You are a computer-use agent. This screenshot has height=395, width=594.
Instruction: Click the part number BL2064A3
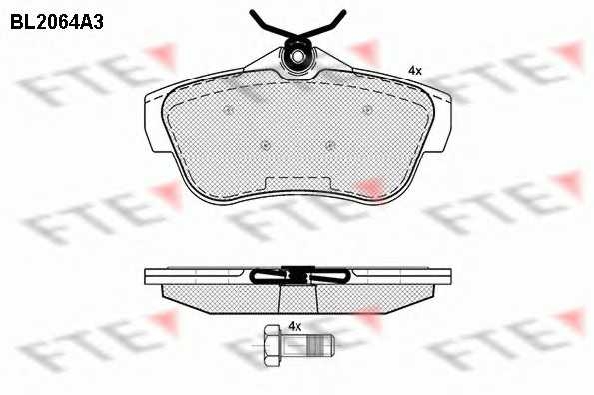[x=57, y=22]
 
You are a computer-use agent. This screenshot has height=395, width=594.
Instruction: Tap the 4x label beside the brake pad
[x=415, y=71]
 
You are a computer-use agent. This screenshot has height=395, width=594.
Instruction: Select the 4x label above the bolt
[x=295, y=326]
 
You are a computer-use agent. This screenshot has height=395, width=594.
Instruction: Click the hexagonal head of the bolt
[x=271, y=345]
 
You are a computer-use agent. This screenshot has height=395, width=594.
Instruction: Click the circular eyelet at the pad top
[x=298, y=57]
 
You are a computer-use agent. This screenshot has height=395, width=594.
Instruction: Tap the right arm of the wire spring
[x=324, y=25]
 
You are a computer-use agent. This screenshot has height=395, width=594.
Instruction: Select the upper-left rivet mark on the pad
[x=228, y=110]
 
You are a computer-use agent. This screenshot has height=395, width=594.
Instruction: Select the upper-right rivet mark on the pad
[x=366, y=110]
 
